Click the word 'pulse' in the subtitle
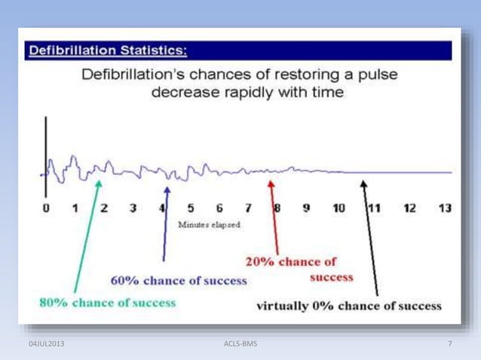tap(374, 75)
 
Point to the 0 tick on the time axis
tap(45, 208)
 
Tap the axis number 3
tap(133, 208)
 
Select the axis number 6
tap(219, 208)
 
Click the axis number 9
tap(306, 208)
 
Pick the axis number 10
tap(339, 208)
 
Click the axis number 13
tap(444, 208)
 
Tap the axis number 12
tap(409, 208)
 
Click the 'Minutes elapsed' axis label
tap(204, 224)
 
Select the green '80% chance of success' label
tap(108, 303)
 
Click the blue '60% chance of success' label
tap(179, 280)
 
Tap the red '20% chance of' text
tap(291, 262)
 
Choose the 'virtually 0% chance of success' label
tap(349, 306)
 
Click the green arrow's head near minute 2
tap(99, 182)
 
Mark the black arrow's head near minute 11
tap(363, 182)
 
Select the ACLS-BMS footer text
tap(240, 344)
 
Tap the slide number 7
tap(450, 344)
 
